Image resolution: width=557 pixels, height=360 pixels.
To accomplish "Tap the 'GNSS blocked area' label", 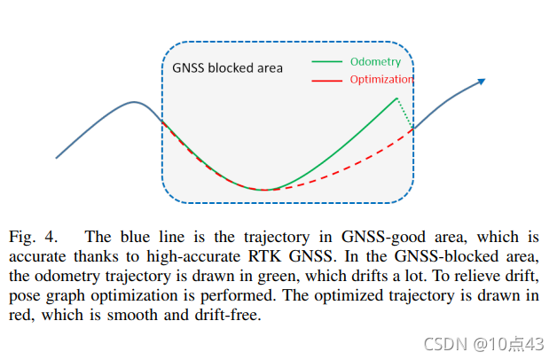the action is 227,67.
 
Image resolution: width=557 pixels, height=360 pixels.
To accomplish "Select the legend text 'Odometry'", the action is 375,61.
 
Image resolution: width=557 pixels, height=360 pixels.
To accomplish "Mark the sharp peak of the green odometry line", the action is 396,98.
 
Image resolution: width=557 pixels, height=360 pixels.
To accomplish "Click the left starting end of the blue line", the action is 57,158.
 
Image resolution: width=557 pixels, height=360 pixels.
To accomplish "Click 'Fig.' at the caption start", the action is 21,238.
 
